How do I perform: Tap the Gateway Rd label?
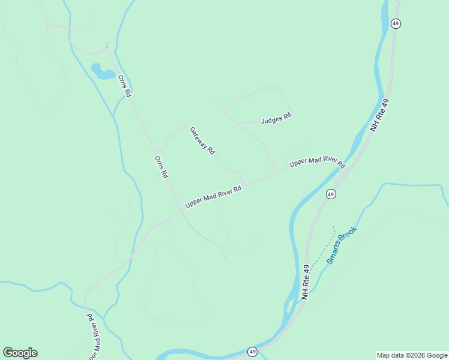click(202, 141)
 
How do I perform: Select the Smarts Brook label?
click(342, 245)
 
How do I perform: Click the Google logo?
click(20, 353)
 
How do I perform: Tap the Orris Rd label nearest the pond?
click(124, 86)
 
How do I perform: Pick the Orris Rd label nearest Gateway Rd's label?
click(161, 167)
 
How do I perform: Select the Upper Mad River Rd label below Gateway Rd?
click(213, 197)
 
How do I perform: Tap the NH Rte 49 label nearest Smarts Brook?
click(306, 283)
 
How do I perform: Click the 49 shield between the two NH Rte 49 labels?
click(331, 194)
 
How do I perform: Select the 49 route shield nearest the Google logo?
click(252, 352)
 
